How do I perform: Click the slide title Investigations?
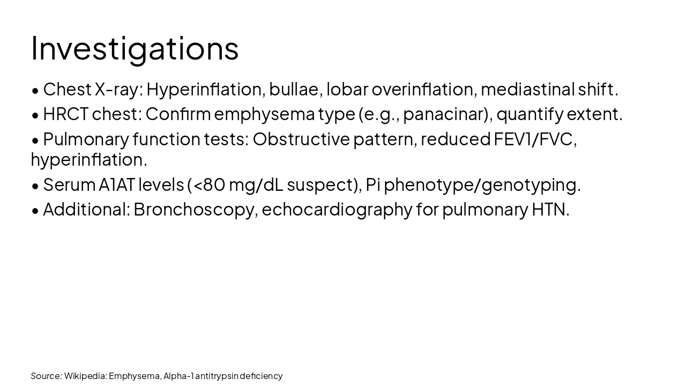click(135, 48)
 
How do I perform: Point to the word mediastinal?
click(527, 90)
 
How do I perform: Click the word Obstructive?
click(301, 139)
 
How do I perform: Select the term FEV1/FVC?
click(534, 139)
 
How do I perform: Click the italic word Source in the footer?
click(46, 376)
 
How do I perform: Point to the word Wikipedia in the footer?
click(85, 376)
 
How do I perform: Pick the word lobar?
click(347, 90)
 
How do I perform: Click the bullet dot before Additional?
click(35, 211)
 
